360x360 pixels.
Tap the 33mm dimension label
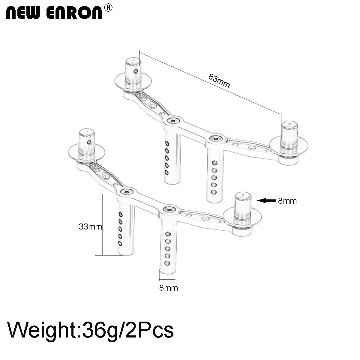click(90, 227)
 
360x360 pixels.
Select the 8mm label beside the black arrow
click(287, 201)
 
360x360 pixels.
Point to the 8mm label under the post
click(169, 288)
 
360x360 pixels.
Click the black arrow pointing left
click(266, 201)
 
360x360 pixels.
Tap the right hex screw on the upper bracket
click(216, 139)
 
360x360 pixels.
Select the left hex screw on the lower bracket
click(127, 192)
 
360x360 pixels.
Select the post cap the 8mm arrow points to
click(242, 205)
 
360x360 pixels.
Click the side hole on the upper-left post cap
click(136, 71)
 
